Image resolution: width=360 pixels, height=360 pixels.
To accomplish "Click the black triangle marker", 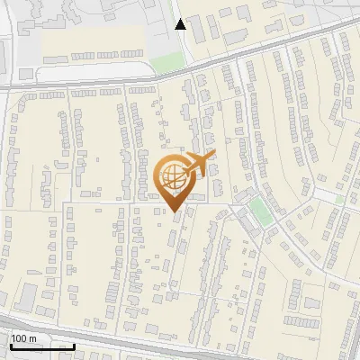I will point(181,24).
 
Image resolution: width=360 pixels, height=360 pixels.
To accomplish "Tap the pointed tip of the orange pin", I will point(175,211).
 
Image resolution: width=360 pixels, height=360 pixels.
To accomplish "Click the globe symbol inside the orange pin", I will point(173,175).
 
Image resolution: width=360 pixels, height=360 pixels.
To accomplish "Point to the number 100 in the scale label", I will point(19,338).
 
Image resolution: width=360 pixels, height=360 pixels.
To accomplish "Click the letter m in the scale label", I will point(32,338).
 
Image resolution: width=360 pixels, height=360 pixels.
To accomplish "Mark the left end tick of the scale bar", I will point(10,346).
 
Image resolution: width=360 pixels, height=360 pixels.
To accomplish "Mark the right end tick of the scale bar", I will point(75,346).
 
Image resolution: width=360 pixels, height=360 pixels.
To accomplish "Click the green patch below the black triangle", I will point(166,64).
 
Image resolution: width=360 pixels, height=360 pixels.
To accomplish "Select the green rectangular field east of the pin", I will point(259,212).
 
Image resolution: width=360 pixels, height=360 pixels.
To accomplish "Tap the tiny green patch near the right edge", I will point(339,198).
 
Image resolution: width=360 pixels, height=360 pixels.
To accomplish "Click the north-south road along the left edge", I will point(9,180).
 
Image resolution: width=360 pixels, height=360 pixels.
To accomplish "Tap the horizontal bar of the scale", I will point(42,347).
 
